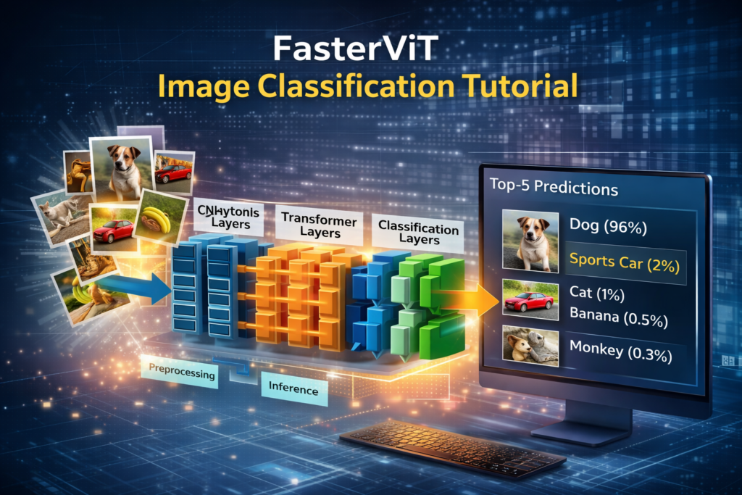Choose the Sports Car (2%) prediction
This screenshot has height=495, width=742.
pos(624,262)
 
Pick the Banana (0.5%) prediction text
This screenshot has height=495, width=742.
pos(617,317)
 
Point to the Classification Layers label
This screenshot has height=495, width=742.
pos(418,232)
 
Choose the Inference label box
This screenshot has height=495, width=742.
pos(293,390)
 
